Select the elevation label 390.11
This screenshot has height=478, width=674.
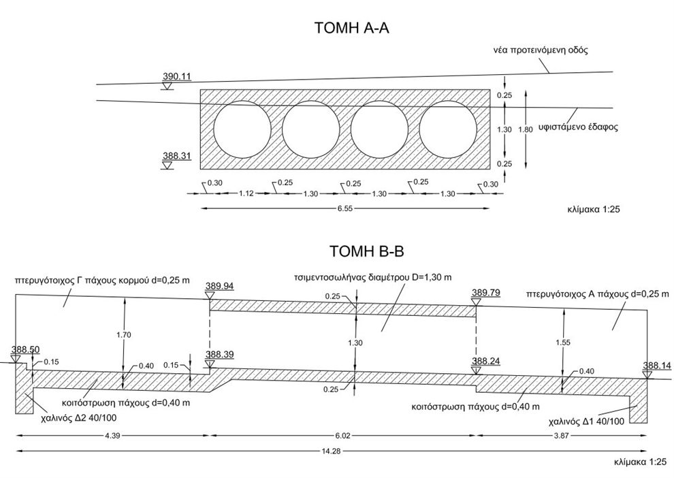(176, 77)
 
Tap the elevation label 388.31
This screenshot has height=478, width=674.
(176, 156)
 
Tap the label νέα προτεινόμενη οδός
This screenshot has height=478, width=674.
(540, 50)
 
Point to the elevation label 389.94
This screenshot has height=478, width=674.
(219, 287)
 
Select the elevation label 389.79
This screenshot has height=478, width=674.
(486, 293)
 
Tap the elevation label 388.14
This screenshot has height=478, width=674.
(656, 366)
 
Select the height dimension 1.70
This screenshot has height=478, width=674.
(123, 334)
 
